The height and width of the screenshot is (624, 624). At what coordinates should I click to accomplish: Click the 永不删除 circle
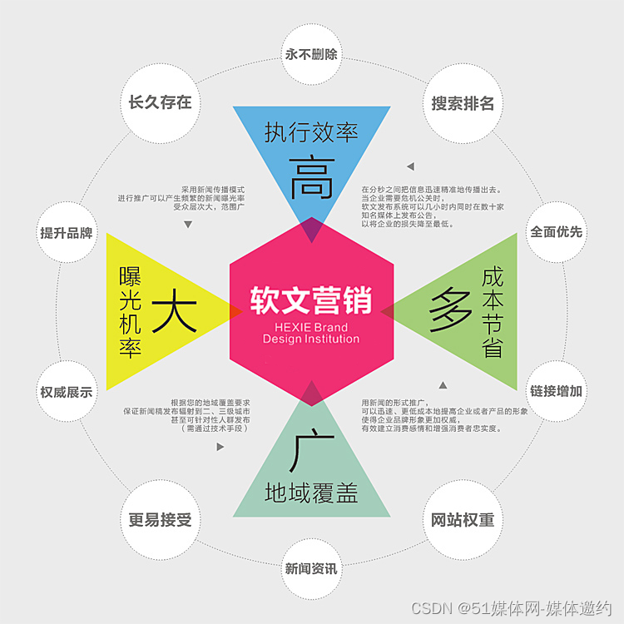click(311, 55)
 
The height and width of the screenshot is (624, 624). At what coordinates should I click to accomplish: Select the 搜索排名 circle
click(463, 103)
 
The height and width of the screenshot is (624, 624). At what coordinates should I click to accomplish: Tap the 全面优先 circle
click(557, 232)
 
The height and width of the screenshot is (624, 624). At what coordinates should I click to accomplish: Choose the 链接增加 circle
click(557, 391)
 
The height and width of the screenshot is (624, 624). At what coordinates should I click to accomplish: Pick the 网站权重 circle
click(463, 520)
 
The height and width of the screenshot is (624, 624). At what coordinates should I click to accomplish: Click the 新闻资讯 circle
click(311, 569)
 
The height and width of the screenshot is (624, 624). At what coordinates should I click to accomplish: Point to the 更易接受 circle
click(160, 520)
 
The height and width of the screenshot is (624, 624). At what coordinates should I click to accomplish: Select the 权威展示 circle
click(67, 392)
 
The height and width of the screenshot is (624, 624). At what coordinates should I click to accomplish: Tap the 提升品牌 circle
click(67, 233)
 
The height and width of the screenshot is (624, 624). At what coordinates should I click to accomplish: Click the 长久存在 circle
click(160, 102)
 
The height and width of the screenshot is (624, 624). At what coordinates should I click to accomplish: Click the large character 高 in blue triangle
click(312, 177)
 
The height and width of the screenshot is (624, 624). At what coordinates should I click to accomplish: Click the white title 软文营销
click(311, 300)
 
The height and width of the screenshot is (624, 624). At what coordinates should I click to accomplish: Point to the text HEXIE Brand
click(311, 328)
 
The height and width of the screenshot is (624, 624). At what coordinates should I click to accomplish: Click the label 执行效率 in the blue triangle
click(312, 131)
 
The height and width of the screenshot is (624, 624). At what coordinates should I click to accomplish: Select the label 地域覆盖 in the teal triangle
click(311, 493)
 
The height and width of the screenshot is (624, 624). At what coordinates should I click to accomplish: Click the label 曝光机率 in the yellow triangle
click(131, 312)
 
